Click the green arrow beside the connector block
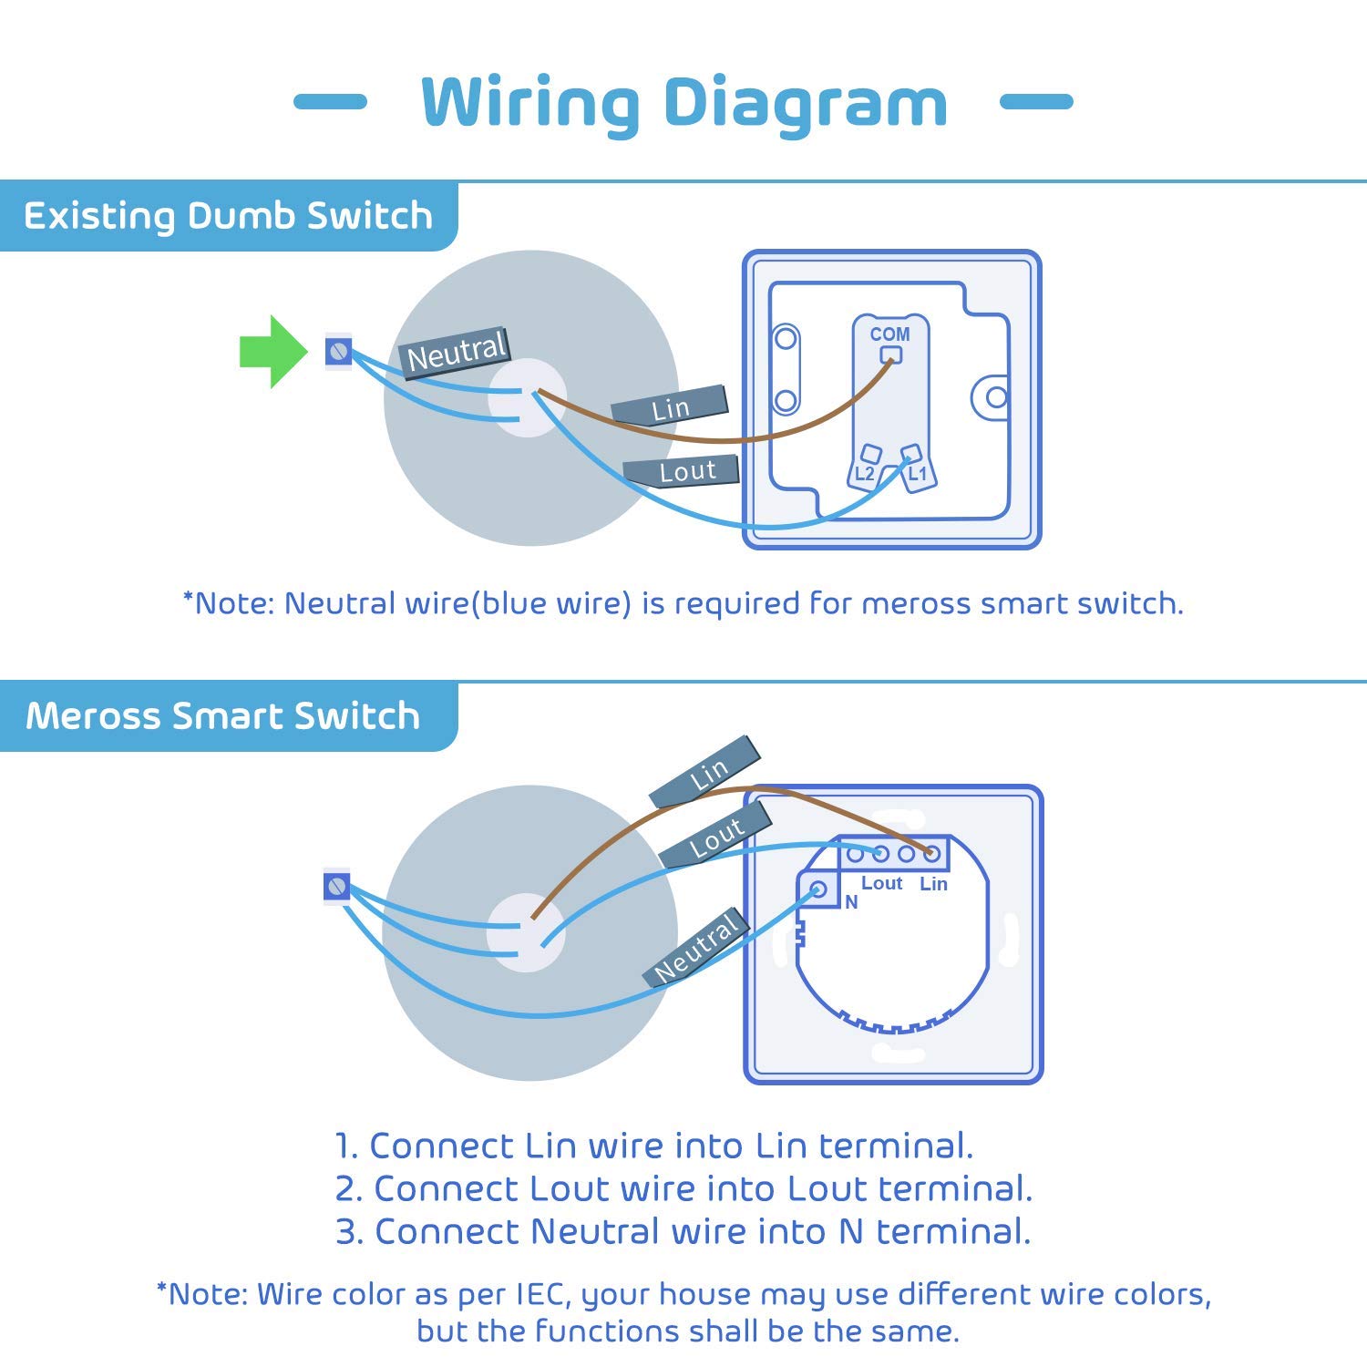coord(272,352)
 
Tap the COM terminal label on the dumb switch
coord(889,334)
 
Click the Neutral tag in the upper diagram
coord(455,352)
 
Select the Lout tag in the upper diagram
coord(683,471)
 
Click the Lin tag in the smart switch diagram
coord(707,773)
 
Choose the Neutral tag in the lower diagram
coord(697,948)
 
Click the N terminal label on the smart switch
coord(851,902)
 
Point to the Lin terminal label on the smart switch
coord(933,884)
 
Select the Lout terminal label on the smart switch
coord(881,883)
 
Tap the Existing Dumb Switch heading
coord(228,216)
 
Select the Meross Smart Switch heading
coord(223,716)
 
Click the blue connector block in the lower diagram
coord(337,886)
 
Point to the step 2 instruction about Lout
coord(683,1188)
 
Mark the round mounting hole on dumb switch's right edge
coord(996,397)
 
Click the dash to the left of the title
coord(330,101)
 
